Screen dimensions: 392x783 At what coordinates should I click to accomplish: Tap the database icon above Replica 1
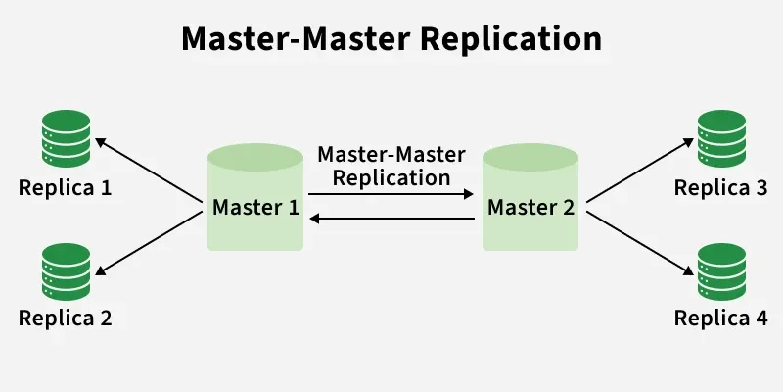pyautogui.click(x=66, y=138)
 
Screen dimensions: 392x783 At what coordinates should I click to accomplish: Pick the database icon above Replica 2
pyautogui.click(x=66, y=271)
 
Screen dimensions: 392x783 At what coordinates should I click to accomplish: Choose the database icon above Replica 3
pyautogui.click(x=721, y=138)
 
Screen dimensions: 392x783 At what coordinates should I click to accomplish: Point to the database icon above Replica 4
pyautogui.click(x=721, y=271)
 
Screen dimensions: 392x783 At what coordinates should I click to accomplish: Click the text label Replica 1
pyautogui.click(x=66, y=186)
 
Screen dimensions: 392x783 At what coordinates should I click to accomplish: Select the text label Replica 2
pyautogui.click(x=66, y=318)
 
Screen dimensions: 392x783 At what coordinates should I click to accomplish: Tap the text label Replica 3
pyautogui.click(x=720, y=186)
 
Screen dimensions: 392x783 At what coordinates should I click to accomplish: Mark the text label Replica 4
pyautogui.click(x=720, y=318)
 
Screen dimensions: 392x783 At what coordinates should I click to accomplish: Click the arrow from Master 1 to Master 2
pyautogui.click(x=391, y=195)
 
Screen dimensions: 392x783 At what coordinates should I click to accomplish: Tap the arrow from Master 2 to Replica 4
pyautogui.click(x=638, y=239)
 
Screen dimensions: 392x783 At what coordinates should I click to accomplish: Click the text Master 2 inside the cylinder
pyautogui.click(x=530, y=208)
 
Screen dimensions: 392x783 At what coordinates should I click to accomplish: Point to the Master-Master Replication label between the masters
pyautogui.click(x=391, y=167)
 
